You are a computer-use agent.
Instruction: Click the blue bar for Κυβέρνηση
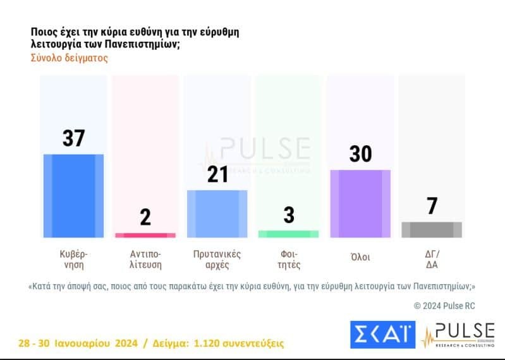click(73, 195)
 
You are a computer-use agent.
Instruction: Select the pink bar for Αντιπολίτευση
click(145, 235)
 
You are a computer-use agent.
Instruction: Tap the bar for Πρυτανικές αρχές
click(217, 213)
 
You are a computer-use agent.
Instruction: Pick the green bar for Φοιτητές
click(288, 234)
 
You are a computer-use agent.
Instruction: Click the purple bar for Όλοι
click(360, 203)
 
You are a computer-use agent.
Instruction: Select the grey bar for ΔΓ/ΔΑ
click(432, 229)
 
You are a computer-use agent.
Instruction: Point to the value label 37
click(73, 138)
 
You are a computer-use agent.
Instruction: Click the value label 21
click(217, 174)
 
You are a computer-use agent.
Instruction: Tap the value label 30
click(360, 153)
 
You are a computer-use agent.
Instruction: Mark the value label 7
click(432, 206)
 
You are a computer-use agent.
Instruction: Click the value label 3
click(289, 215)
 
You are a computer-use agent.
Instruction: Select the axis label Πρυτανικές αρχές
click(217, 259)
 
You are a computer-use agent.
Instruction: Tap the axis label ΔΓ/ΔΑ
click(432, 259)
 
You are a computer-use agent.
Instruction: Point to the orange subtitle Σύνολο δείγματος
click(70, 57)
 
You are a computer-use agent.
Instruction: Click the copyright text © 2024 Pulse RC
click(444, 306)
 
